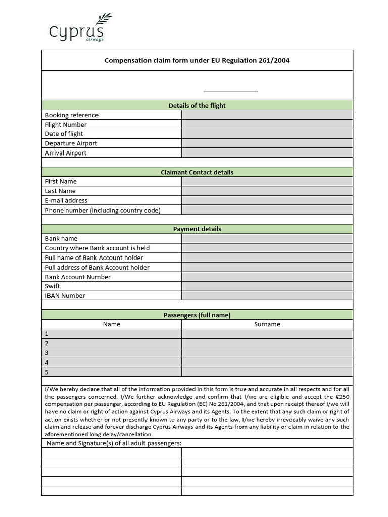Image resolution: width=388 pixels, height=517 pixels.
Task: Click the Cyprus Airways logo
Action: click(79, 28)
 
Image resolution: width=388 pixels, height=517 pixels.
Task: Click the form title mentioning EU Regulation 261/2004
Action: click(197, 61)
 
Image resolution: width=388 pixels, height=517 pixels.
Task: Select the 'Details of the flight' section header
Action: click(197, 106)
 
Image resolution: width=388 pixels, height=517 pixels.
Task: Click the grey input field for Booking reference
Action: click(267, 115)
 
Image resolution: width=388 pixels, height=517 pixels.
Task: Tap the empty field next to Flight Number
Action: click(267, 125)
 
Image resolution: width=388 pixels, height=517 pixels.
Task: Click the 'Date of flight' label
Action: click(64, 134)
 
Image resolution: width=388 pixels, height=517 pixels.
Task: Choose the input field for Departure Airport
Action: click(267, 143)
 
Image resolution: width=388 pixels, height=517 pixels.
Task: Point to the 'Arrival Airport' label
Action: click(66, 153)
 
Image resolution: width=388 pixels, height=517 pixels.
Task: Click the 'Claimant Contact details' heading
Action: click(197, 172)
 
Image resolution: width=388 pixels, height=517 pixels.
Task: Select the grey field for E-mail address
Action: click(267, 200)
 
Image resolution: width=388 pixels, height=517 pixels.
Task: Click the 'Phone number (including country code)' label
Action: click(103, 210)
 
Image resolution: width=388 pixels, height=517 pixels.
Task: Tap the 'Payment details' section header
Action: click(197, 229)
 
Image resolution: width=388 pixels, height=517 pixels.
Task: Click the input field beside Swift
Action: click(267, 286)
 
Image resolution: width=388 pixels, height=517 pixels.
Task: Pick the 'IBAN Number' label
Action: click(65, 296)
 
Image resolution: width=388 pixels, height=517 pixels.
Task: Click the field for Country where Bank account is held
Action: click(267, 248)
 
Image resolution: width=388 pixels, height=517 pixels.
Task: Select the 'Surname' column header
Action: click(267, 324)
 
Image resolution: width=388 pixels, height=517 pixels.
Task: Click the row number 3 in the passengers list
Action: click(47, 353)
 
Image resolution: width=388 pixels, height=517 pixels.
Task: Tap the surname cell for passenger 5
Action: click(267, 372)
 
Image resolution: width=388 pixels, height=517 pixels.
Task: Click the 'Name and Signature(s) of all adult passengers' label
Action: click(114, 443)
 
